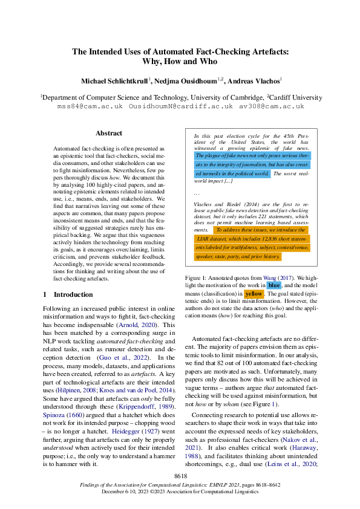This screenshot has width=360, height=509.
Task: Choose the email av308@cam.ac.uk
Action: (271, 106)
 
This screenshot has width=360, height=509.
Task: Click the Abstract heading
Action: (109, 133)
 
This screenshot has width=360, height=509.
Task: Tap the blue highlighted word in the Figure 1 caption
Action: (274, 285)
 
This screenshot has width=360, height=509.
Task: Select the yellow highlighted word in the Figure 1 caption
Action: (254, 293)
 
